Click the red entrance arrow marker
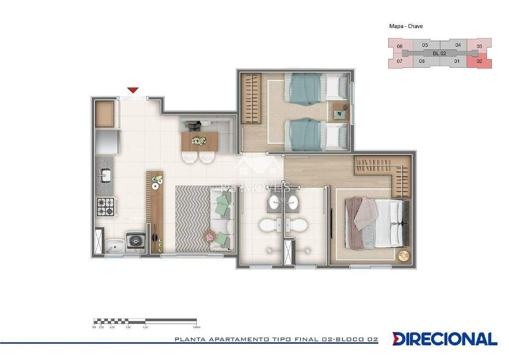click(133, 90)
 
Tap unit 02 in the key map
click(479, 61)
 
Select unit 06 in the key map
click(400, 46)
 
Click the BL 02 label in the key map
click(439, 53)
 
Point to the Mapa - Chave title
click(406, 26)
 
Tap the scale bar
click(145, 321)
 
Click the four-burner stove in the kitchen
click(105, 207)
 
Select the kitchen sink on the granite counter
click(105, 175)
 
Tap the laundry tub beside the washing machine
click(114, 245)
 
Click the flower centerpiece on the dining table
click(198, 140)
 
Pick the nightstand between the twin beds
click(340, 112)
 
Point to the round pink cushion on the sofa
click(210, 236)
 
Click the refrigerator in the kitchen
click(106, 142)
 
